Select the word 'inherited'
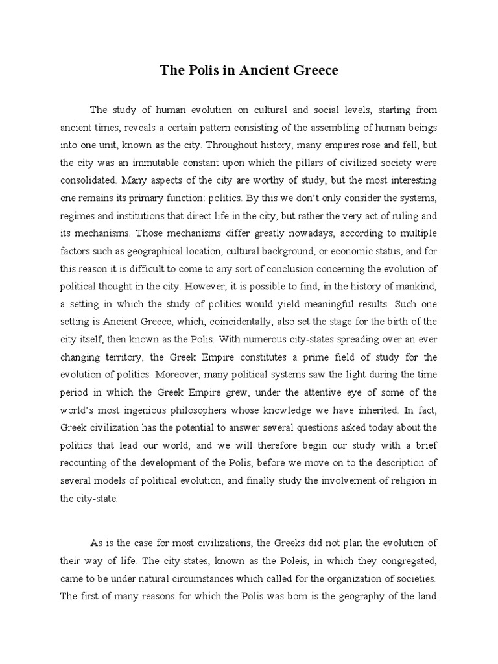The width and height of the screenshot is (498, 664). click(378, 409)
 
